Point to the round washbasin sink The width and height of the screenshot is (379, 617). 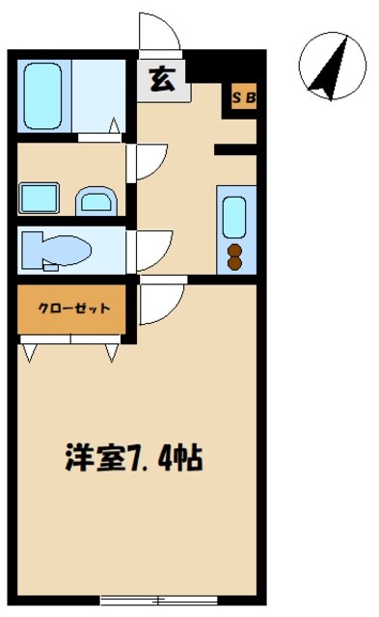(x=96, y=201)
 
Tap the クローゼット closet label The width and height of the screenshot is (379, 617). (x=71, y=308)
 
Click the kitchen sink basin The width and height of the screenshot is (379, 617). (x=234, y=217)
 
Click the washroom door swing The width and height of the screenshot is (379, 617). (x=149, y=162)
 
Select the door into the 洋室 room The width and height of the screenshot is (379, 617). (x=158, y=303)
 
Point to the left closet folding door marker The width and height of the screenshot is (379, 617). (x=29, y=351)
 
